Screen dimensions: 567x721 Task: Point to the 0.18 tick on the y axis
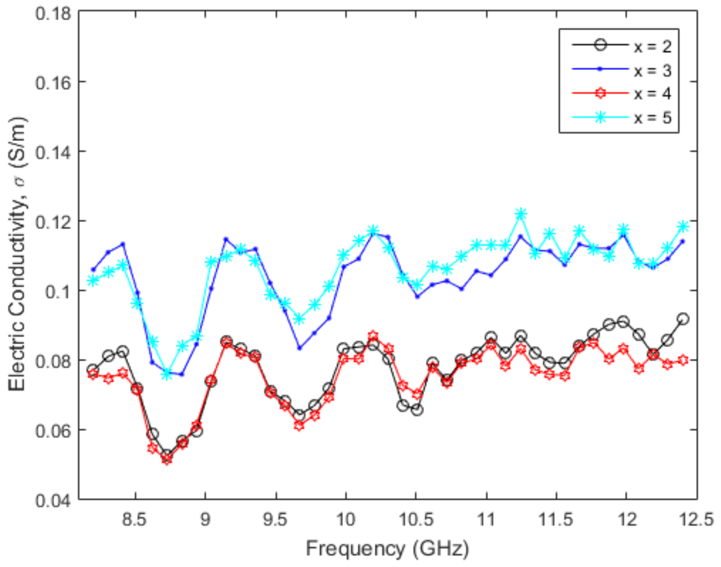[53, 14]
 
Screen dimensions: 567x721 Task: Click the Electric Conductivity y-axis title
[17, 254]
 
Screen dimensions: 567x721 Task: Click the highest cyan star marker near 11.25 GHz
[520, 214]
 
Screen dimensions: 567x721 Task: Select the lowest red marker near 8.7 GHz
[167, 460]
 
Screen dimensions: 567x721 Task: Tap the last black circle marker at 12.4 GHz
[683, 319]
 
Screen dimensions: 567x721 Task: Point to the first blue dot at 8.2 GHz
[93, 270]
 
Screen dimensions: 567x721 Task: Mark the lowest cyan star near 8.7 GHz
[167, 374]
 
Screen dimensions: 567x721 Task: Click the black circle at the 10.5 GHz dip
[417, 410]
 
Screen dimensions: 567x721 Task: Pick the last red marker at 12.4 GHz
[683, 360]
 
